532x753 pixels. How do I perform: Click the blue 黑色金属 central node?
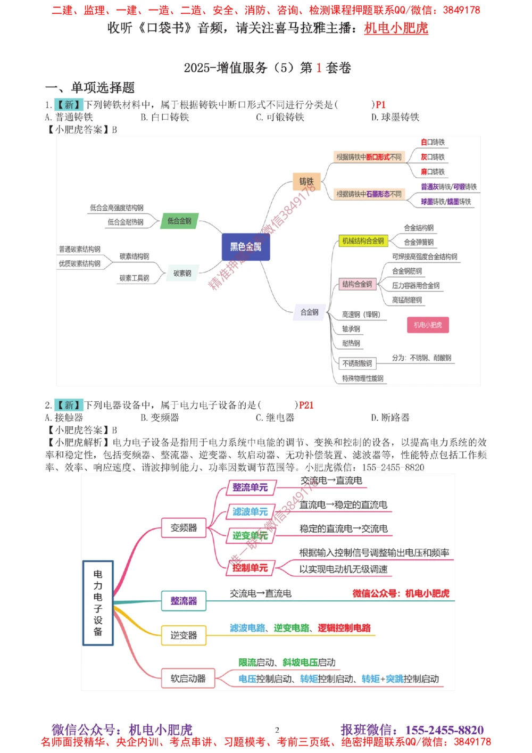[246, 247]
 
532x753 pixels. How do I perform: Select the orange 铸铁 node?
[306, 181]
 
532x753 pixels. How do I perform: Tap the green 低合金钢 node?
[179, 221]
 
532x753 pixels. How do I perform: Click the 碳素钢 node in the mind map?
[182, 274]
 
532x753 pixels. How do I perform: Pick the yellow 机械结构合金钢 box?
[363, 241]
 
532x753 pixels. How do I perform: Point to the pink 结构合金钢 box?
[357, 284]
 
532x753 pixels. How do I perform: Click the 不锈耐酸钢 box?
[357, 363]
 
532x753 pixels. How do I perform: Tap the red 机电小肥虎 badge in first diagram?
[428, 325]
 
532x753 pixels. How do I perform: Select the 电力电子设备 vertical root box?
[98, 603]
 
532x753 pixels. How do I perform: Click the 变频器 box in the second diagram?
[184, 528]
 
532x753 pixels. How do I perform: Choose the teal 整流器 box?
[184, 601]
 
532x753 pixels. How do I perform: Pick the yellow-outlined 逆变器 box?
[184, 635]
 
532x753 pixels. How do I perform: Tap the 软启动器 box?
[188, 678]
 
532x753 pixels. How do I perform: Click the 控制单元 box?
[250, 568]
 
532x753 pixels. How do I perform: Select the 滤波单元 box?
[250, 512]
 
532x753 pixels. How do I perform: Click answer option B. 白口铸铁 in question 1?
[165, 117]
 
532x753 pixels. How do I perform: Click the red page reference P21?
[306, 405]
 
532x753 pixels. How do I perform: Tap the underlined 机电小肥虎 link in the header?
[396, 28]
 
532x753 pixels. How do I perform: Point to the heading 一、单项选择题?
[90, 87]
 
